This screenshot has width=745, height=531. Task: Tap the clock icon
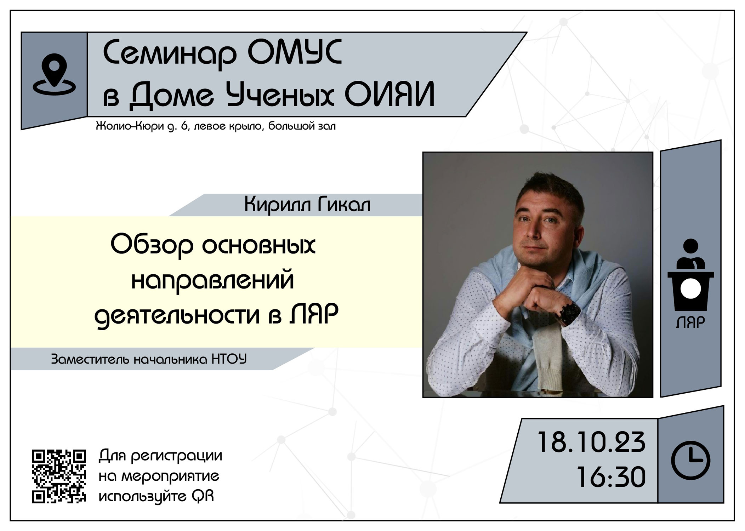[690, 461]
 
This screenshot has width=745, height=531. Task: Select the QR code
[59, 476]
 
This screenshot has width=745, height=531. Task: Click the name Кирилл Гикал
[307, 205]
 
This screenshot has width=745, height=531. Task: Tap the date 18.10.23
[591, 442]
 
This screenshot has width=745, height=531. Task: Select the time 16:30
[611, 477]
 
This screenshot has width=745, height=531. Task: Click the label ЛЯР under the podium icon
[690, 322]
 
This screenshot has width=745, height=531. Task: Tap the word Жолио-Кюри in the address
[129, 126]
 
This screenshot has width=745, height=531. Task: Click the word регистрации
[177, 456]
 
